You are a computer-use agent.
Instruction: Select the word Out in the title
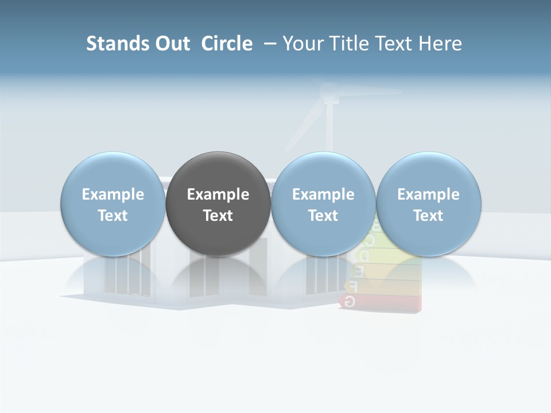coord(172,44)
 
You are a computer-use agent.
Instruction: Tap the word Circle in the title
coord(227,44)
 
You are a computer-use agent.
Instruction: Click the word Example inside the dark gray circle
coord(218,194)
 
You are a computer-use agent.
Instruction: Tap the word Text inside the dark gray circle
coord(218,216)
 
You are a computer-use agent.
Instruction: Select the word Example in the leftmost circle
coord(112,194)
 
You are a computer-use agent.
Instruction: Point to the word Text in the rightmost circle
coord(428,216)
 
